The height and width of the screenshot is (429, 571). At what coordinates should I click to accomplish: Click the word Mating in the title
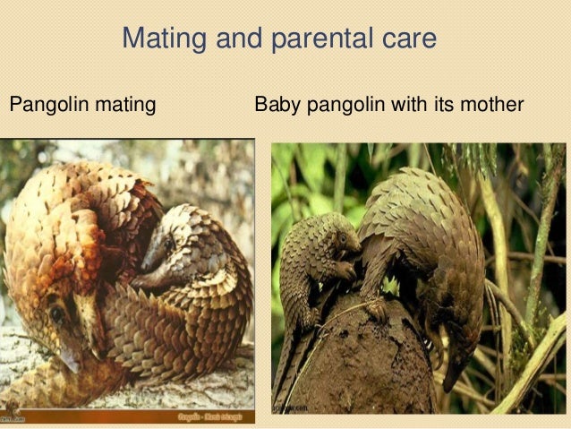pos(161,39)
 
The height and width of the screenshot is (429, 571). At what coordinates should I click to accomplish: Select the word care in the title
pos(407,39)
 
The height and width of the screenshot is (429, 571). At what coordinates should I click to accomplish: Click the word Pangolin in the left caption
pos(46,105)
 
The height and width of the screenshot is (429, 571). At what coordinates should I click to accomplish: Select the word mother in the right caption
pos(491,105)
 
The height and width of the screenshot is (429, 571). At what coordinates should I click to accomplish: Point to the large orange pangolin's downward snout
pos(68,354)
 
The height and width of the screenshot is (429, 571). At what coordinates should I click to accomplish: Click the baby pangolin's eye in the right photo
pos(341,239)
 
